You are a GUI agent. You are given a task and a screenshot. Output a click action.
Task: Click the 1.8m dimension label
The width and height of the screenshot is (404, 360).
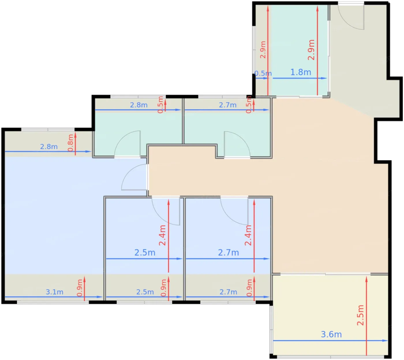(x=300, y=72)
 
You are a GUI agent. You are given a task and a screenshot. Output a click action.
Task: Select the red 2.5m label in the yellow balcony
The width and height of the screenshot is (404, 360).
(x=360, y=315)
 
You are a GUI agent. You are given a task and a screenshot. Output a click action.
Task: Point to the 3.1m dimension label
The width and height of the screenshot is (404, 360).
(x=55, y=292)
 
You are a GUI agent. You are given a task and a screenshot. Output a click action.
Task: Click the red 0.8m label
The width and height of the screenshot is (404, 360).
(x=71, y=143)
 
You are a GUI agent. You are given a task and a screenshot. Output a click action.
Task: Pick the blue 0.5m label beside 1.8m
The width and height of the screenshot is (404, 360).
(x=263, y=73)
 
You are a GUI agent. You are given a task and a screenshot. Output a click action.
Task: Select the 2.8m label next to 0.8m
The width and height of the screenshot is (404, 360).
(x=49, y=147)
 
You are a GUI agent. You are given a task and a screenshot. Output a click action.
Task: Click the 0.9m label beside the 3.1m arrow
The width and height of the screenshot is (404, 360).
(x=80, y=288)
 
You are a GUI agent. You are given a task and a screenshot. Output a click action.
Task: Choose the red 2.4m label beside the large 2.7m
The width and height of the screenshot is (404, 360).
(x=248, y=235)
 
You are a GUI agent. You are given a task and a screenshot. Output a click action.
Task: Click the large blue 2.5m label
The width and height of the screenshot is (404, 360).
(x=145, y=253)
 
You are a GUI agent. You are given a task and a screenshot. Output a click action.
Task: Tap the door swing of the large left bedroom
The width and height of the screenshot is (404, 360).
(x=134, y=177)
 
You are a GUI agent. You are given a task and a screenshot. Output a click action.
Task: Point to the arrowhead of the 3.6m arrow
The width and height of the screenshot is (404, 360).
(x=385, y=341)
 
